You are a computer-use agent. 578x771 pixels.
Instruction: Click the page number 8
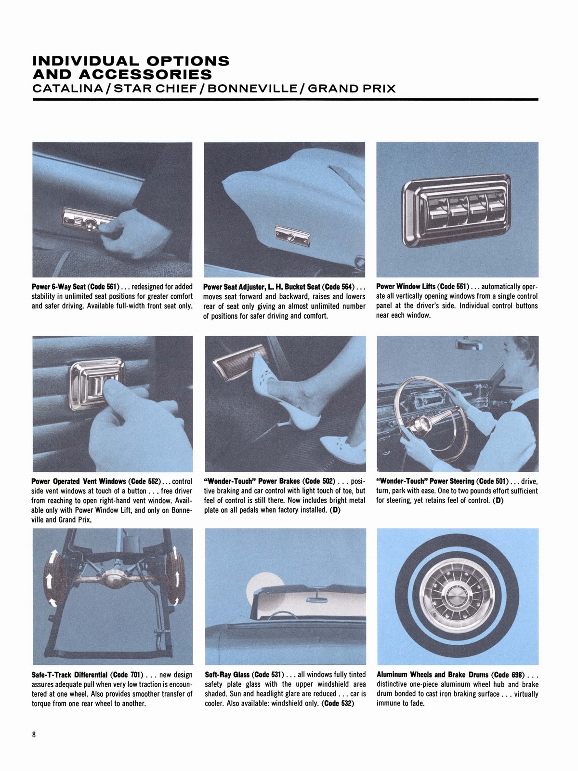pos(34,735)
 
